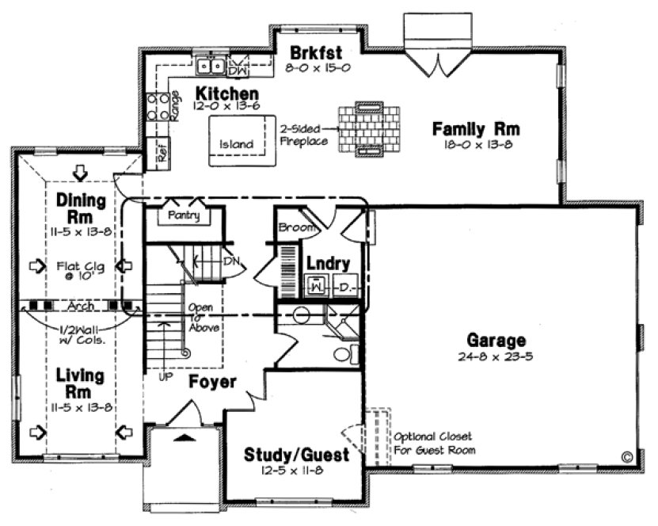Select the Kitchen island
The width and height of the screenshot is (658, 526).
[236, 143]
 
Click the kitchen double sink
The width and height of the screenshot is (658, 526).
[210, 65]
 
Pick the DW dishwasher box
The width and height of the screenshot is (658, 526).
[238, 69]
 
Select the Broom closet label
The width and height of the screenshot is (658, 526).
[293, 228]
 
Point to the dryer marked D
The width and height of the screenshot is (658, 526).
[345, 286]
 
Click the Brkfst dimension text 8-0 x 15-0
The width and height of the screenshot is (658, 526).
[318, 69]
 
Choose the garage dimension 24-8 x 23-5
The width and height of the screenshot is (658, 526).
[496, 356]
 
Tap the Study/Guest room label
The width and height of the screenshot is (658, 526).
[296, 455]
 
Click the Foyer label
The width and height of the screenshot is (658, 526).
[212, 382]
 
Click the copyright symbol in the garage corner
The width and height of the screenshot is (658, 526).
[626, 457]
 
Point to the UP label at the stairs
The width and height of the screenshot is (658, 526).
[165, 377]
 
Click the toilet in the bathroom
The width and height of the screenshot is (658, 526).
[345, 353]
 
